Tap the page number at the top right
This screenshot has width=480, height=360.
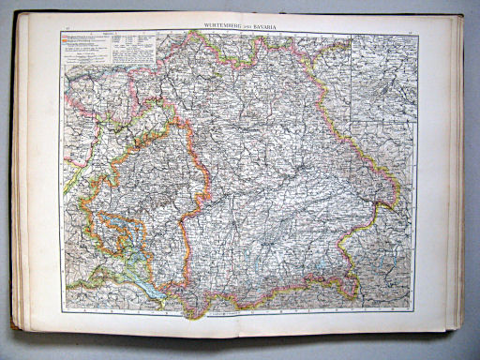(412, 31)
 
